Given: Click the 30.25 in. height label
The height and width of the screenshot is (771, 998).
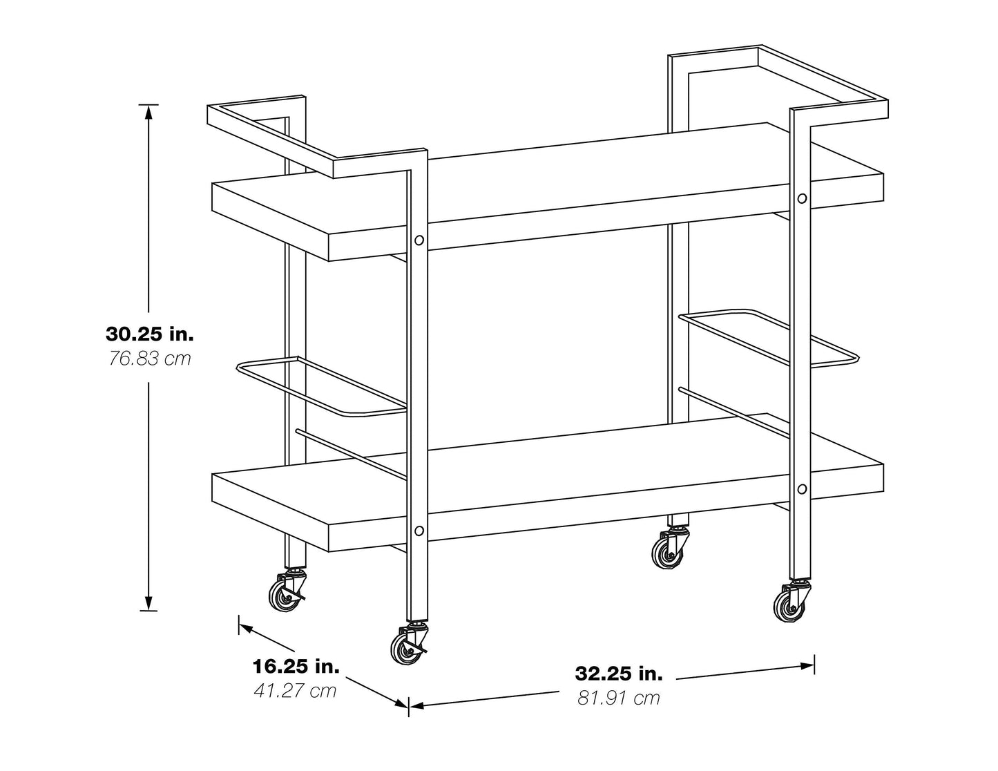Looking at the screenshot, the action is click(x=150, y=334).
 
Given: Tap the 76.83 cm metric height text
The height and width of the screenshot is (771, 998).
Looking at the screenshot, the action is click(x=150, y=359).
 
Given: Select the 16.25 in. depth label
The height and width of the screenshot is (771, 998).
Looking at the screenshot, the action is click(x=296, y=666).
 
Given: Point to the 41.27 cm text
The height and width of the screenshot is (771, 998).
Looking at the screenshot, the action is click(x=296, y=691).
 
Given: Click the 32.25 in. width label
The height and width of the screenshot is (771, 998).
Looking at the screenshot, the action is click(x=619, y=674).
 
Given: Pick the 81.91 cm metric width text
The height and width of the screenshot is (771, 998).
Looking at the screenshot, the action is click(x=619, y=698).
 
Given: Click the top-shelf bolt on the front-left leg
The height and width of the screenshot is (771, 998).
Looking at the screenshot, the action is click(x=419, y=240).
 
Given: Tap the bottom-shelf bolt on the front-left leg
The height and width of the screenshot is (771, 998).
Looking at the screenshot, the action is click(x=419, y=531).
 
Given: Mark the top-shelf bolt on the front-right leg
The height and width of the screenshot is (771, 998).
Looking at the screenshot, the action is click(x=802, y=198).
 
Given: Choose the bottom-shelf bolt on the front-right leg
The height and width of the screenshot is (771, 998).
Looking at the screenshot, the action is click(x=802, y=489).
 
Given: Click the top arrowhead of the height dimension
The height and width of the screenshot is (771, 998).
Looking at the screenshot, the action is click(x=148, y=113).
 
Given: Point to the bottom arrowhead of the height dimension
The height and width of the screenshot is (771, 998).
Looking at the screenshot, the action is click(x=148, y=603).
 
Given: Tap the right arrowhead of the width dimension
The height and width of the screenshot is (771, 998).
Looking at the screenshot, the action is click(x=807, y=665).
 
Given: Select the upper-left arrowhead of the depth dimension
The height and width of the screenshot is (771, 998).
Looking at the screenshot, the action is click(x=247, y=629).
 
